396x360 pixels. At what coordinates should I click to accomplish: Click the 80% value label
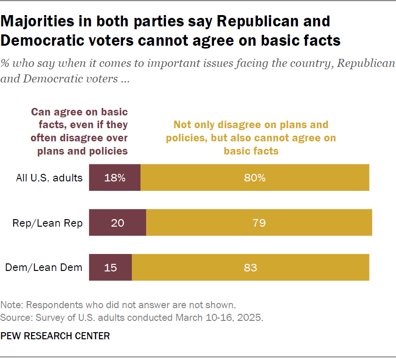point(255,178)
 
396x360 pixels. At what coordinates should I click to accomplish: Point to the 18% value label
point(115,178)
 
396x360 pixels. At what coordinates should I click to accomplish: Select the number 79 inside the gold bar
point(259,223)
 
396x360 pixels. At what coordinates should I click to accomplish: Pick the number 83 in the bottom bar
point(250,268)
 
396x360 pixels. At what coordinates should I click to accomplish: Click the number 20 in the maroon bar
point(117,223)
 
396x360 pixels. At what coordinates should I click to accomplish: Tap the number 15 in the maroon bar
point(110,268)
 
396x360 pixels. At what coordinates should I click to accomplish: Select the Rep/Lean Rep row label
point(47,223)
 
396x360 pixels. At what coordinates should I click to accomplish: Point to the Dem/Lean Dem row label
point(44,268)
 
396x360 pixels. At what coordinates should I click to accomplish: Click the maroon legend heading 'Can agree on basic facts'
point(79,131)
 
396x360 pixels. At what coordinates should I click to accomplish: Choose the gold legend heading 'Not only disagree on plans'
point(251,138)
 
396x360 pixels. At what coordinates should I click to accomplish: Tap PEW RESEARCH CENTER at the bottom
point(55,336)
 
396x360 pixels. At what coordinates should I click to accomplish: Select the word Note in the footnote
point(10,304)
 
